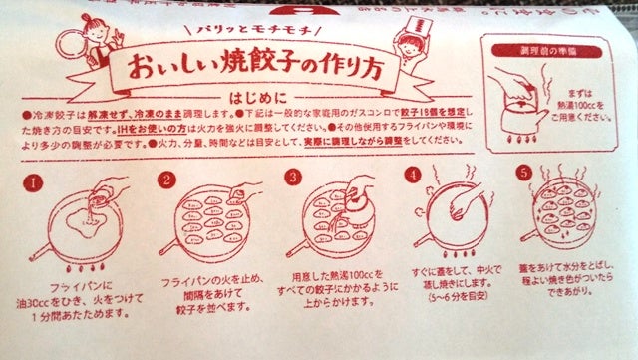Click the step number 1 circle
click(x=35, y=184)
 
